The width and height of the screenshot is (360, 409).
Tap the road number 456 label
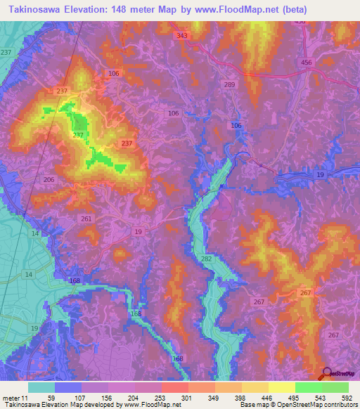[x=306, y=63]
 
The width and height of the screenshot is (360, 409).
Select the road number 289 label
[x=229, y=84]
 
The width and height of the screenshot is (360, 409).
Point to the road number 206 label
[x=49, y=180]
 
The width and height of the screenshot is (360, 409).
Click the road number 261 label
[x=86, y=219]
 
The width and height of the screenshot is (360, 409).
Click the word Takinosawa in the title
[x=36, y=9]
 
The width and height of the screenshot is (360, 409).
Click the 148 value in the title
[x=127, y=9]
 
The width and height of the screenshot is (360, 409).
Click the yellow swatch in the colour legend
[x=281, y=387]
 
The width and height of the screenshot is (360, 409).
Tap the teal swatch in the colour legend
[x=41, y=387]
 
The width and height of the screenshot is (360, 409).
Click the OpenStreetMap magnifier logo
[x=328, y=375]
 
